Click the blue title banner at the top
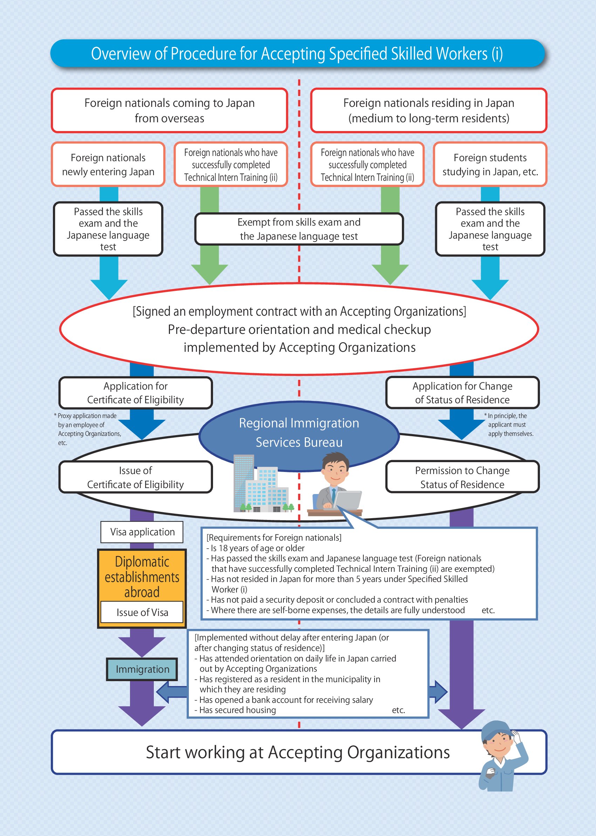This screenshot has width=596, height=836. (297, 54)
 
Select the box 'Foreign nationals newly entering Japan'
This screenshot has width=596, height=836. (108, 164)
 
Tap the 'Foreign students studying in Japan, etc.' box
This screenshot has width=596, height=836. (490, 164)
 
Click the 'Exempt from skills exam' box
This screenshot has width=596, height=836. (299, 229)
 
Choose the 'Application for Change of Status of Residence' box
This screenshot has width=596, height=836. (462, 393)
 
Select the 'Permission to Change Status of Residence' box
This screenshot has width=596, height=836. (462, 477)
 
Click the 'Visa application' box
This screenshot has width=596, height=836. (142, 532)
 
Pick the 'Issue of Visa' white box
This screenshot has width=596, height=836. (142, 612)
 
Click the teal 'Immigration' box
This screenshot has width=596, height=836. (142, 669)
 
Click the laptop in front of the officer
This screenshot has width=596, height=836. (348, 500)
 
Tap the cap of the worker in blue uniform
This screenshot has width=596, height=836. (495, 730)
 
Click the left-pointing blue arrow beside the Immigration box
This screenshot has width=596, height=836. (171, 692)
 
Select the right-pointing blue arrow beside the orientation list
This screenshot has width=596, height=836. (438, 692)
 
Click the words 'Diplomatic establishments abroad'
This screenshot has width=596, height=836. (142, 577)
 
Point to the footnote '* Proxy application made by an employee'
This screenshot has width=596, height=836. (87, 429)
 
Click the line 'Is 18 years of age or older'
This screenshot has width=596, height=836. (257, 548)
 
